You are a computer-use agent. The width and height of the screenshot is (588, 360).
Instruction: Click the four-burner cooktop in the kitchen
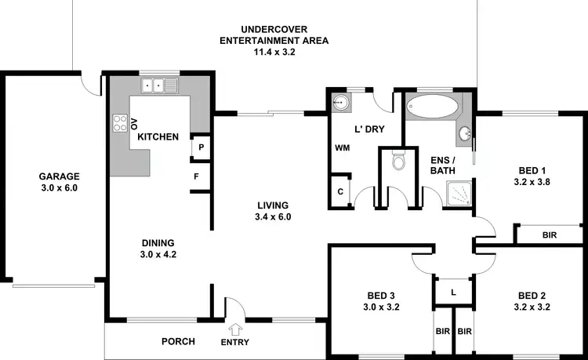pos(121,123)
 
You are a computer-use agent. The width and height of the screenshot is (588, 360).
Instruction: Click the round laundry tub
pos(339,103)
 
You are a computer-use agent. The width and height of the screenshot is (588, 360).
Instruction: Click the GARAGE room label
pos(59,176)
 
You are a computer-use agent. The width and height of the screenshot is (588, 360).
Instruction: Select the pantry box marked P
pos(201,147)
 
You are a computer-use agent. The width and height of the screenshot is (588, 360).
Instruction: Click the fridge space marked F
pos(197,176)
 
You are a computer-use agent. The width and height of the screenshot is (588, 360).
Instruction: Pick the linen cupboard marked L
pos(453,292)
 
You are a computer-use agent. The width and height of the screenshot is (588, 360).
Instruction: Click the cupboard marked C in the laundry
pos(340,191)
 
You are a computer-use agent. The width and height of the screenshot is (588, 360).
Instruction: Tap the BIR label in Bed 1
pos(549,235)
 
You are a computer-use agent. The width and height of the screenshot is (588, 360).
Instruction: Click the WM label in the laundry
pos(342,147)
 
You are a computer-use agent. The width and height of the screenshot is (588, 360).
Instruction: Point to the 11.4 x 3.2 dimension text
pos(274,52)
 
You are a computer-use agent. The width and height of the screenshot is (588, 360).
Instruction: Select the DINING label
pos(158,242)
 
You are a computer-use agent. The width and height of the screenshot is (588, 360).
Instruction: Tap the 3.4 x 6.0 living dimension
pos(274,217)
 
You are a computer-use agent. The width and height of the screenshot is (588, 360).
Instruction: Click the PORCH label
pos(178,341)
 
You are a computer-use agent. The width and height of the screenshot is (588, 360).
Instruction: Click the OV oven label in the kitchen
pos(134,123)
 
